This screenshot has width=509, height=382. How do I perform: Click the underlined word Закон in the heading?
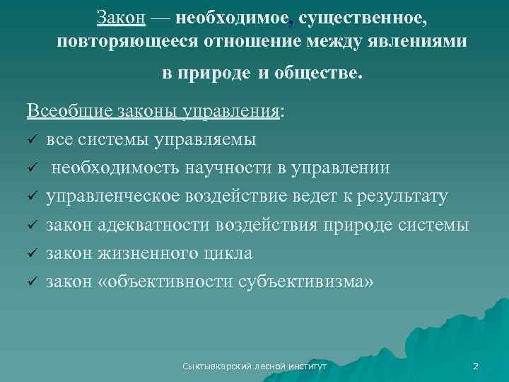click(x=121, y=16)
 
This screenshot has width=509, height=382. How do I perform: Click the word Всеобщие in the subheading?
click(x=60, y=112)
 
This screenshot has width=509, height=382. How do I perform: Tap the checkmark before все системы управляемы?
click(x=32, y=140)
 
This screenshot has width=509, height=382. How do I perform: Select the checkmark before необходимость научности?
click(x=32, y=168)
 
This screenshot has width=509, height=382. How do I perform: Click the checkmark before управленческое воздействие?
click(x=32, y=197)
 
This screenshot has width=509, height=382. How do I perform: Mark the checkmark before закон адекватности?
click(x=32, y=225)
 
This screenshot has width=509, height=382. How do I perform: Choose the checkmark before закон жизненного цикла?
click(x=32, y=253)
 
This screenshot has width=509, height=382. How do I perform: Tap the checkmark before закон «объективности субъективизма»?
click(x=32, y=282)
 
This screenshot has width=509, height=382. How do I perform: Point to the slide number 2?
click(x=475, y=366)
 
